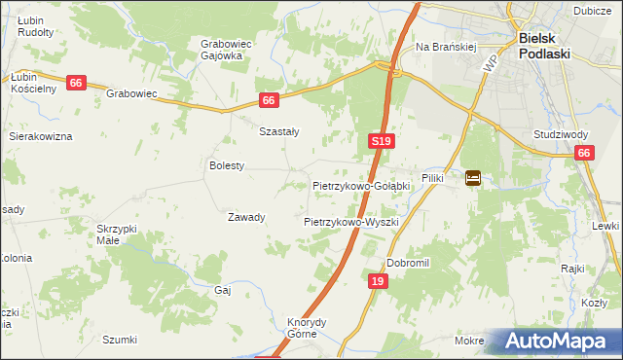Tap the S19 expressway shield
click(x=382, y=142)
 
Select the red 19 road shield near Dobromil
click(x=379, y=281)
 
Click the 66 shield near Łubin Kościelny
click(x=77, y=84)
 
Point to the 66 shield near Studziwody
click(x=584, y=153)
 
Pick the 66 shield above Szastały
click(x=270, y=100)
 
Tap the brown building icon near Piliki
click(x=473, y=178)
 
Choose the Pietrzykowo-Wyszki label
click(x=351, y=222)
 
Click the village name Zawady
click(x=246, y=217)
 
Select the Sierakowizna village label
click(x=41, y=137)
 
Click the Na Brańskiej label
click(x=445, y=46)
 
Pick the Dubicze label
click(x=592, y=11)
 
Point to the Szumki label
click(x=120, y=340)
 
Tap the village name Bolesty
click(x=227, y=165)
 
